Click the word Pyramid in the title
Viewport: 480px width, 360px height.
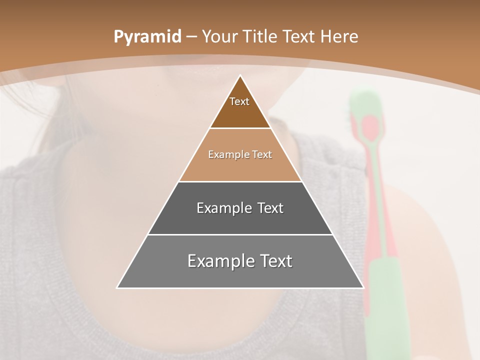click(x=147, y=37)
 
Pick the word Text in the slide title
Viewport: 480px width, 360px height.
click(x=298, y=37)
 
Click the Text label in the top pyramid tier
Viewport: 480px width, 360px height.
click(x=239, y=101)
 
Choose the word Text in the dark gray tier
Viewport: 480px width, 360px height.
click(x=270, y=208)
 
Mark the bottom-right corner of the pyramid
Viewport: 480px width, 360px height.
click(x=363, y=287)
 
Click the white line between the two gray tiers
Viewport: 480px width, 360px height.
click(x=240, y=234)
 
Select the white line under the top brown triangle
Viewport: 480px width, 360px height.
click(x=240, y=128)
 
